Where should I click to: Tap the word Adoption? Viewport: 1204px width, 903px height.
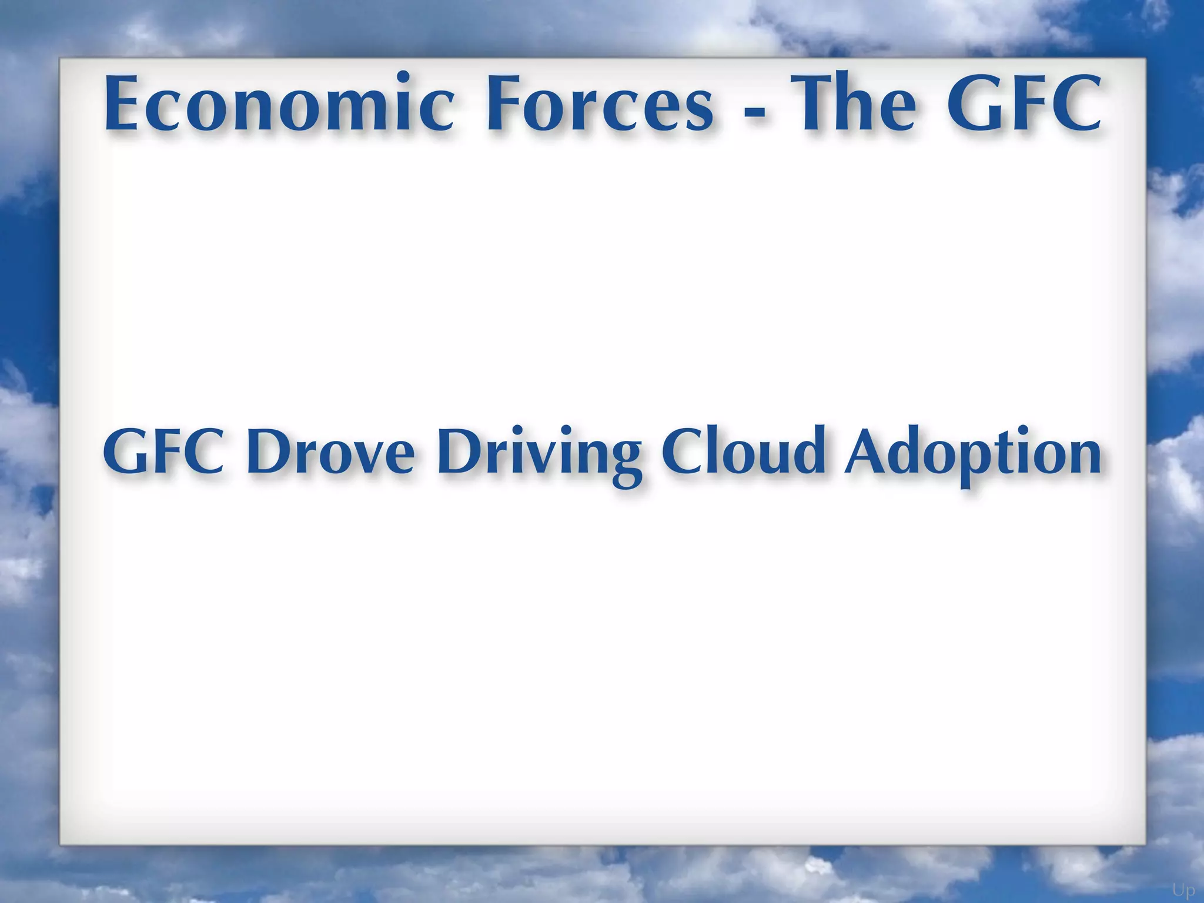point(973,453)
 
